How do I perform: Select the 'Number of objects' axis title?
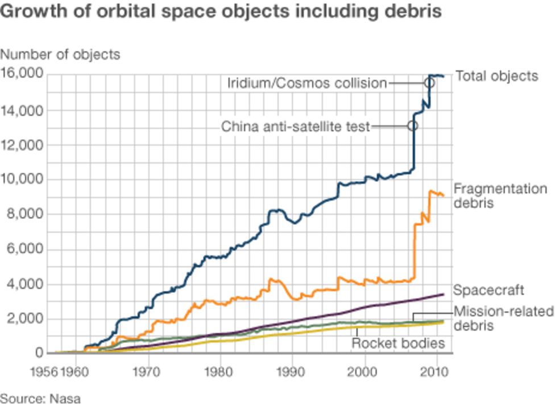60,54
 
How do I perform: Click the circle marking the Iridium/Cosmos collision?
429,83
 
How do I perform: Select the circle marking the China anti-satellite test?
413,125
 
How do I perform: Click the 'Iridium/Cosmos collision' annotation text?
307,83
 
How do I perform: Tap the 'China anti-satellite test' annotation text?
295,126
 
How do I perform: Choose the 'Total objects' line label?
496,76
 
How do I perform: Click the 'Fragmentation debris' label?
500,195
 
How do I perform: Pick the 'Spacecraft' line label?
488,291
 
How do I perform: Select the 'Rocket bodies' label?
397,343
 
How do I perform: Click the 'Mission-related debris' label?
503,318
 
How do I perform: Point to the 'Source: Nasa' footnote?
40,398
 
